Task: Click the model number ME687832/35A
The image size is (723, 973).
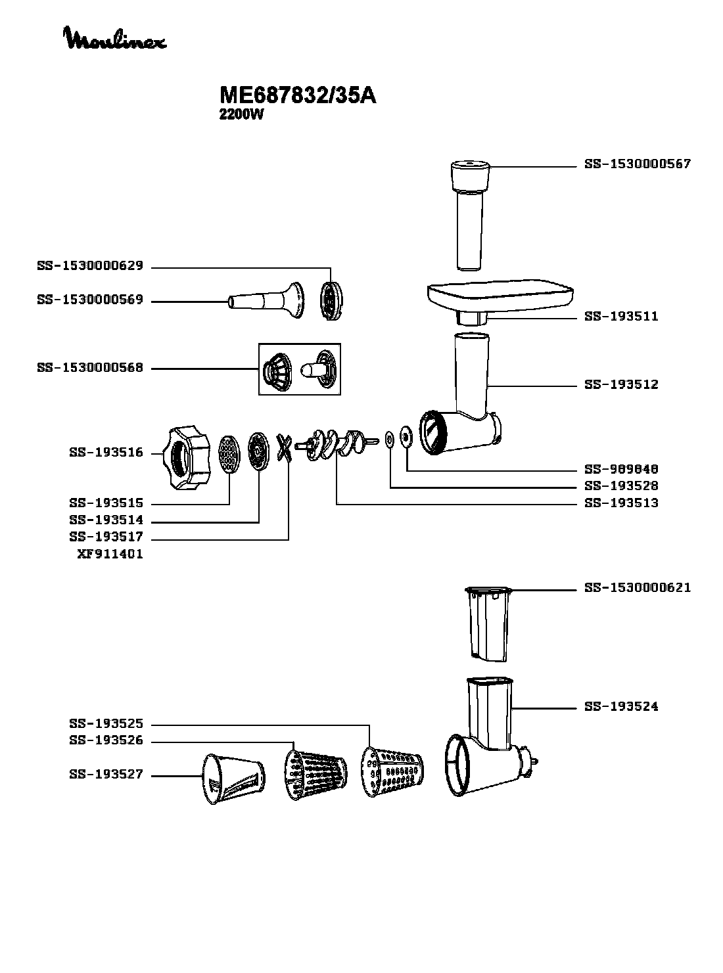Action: tap(297, 95)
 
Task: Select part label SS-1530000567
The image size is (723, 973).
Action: tap(637, 164)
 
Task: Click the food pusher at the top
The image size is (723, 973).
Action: tap(469, 210)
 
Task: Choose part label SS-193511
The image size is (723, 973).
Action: tap(620, 317)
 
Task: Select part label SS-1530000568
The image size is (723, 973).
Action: tap(90, 368)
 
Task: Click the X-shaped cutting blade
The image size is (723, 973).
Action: tap(284, 449)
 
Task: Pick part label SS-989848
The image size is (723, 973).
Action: tap(620, 470)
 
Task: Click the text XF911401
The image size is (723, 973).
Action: tap(110, 554)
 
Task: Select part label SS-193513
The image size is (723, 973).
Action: tap(620, 503)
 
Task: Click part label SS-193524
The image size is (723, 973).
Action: tap(620, 707)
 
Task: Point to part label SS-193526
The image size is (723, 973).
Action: tap(106, 741)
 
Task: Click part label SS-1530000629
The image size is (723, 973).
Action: tap(90, 267)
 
